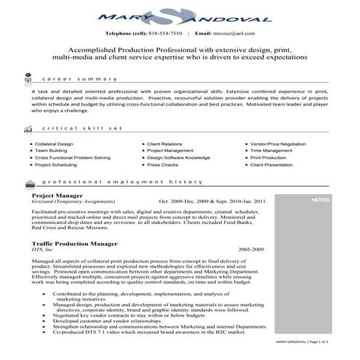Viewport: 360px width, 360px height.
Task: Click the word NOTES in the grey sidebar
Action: coord(319,199)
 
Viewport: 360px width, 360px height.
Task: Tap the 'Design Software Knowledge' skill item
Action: coord(178,159)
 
